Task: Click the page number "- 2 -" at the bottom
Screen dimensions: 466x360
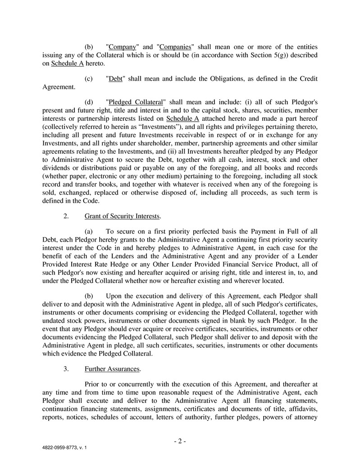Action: pos(180,441)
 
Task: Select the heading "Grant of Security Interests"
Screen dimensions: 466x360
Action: pos(122,216)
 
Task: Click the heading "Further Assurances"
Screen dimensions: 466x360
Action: pos(112,369)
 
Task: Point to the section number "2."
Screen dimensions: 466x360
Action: pos(66,216)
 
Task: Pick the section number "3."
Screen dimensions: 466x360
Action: pos(66,369)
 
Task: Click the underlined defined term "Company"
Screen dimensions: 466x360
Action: pos(123,47)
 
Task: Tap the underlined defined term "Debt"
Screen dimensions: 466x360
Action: pos(116,78)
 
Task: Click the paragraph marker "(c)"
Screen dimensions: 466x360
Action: pos(89,78)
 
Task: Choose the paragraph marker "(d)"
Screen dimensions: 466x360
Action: pos(89,102)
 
